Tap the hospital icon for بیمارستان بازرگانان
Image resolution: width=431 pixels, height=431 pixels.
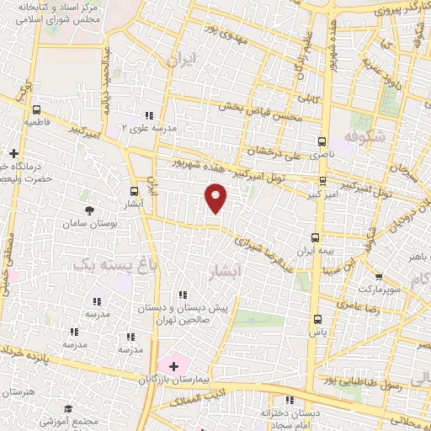(173, 366)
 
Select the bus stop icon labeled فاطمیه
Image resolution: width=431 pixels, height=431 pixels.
(36, 109)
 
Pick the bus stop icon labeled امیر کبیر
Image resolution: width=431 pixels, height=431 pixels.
(322, 180)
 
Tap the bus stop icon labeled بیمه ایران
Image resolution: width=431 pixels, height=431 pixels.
(316, 237)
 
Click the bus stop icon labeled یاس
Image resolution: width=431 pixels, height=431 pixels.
(317, 319)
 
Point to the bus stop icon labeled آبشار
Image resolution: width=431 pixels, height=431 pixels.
(135, 191)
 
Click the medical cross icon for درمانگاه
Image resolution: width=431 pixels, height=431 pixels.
(13, 153)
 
